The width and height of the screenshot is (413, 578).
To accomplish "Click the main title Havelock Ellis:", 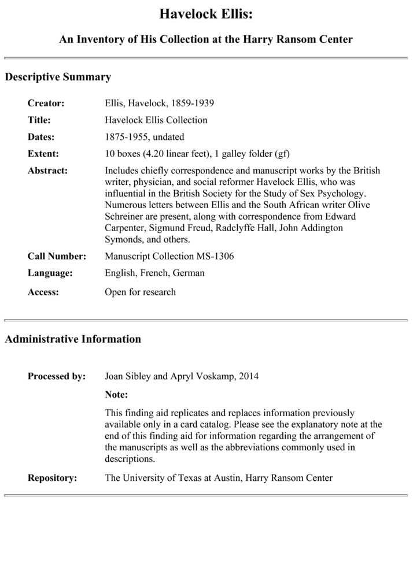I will pos(206,14).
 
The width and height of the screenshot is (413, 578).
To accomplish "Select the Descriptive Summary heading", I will pos(58,77).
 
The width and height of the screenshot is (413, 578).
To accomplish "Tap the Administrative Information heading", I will pos(73,339).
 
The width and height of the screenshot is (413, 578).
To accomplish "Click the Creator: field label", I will pos(46,103).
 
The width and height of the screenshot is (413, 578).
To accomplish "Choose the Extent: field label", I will pos(43,154).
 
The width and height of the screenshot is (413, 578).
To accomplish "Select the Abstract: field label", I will pos(47,171).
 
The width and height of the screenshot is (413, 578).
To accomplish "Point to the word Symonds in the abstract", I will pos(122,239).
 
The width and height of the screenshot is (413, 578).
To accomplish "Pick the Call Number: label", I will pos(57,256).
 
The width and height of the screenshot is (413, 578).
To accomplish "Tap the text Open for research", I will pos(140,292).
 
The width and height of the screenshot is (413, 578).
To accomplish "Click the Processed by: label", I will pos(57,376).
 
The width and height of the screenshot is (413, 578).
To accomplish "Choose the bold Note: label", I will pos(116,395).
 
